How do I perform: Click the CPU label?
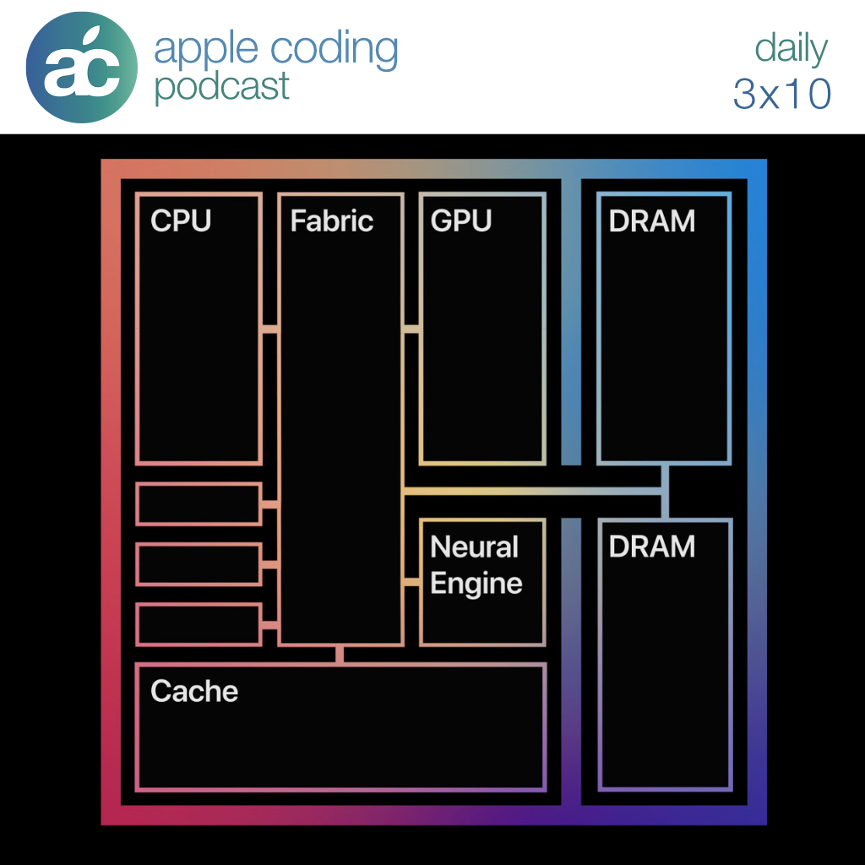pos(180,221)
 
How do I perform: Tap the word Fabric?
pos(331,221)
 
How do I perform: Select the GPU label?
pos(460,221)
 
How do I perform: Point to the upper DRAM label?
pos(651,221)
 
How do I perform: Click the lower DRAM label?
pos(651,547)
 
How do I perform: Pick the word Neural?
pos(474,547)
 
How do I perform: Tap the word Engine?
pos(476,584)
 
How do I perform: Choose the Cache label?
pos(194,691)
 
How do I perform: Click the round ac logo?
pos(81,67)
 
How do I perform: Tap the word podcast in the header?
pos(222,87)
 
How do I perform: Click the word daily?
pos(791,49)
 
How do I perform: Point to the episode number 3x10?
pos(782,94)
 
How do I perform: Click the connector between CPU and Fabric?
pos(269,329)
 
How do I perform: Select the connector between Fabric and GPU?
pos(411,329)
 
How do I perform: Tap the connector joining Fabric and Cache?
pos(340,654)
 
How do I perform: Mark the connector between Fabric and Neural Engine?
pos(411,582)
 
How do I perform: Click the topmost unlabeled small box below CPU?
pos(199,504)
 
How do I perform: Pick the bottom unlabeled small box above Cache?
pos(199,624)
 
